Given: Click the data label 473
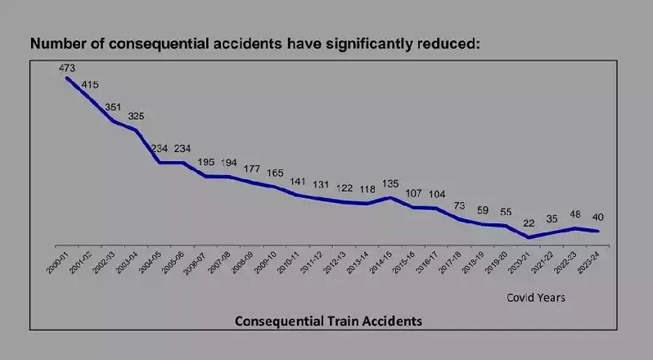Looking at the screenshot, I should click(67, 69).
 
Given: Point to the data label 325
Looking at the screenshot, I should click(136, 117).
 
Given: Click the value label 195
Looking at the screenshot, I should click(205, 163).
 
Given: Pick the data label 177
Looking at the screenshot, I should click(251, 169).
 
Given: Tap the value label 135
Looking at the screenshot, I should click(391, 184).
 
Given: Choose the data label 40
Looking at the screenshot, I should click(599, 218).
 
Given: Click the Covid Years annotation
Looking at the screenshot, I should click(536, 298).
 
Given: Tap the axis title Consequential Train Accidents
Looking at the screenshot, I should click(328, 321).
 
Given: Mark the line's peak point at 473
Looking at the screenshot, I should click(67, 78).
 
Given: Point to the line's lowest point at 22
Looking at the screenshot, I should click(530, 237).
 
